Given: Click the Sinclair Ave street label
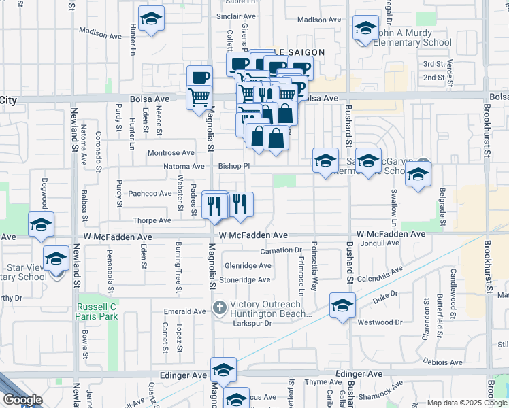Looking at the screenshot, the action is [235, 16].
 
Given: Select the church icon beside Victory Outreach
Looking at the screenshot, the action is [219, 308].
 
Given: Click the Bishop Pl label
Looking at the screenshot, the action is [235, 165].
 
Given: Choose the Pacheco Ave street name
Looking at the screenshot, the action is [151, 193].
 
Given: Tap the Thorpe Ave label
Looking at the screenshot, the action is [152, 220].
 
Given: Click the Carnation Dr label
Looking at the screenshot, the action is [280, 250].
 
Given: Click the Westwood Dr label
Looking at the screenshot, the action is [376, 322].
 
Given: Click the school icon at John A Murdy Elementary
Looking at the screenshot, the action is [365, 29].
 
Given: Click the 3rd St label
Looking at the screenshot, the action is [433, 64].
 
